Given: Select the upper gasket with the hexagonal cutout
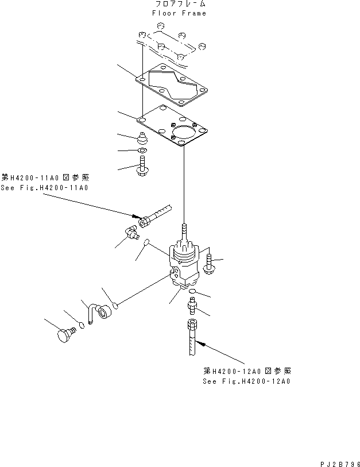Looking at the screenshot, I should (172, 86).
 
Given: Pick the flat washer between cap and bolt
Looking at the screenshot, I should (141, 152).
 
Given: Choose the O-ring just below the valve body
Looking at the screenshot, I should (192, 292).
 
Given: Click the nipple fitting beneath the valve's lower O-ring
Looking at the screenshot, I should (192, 308).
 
